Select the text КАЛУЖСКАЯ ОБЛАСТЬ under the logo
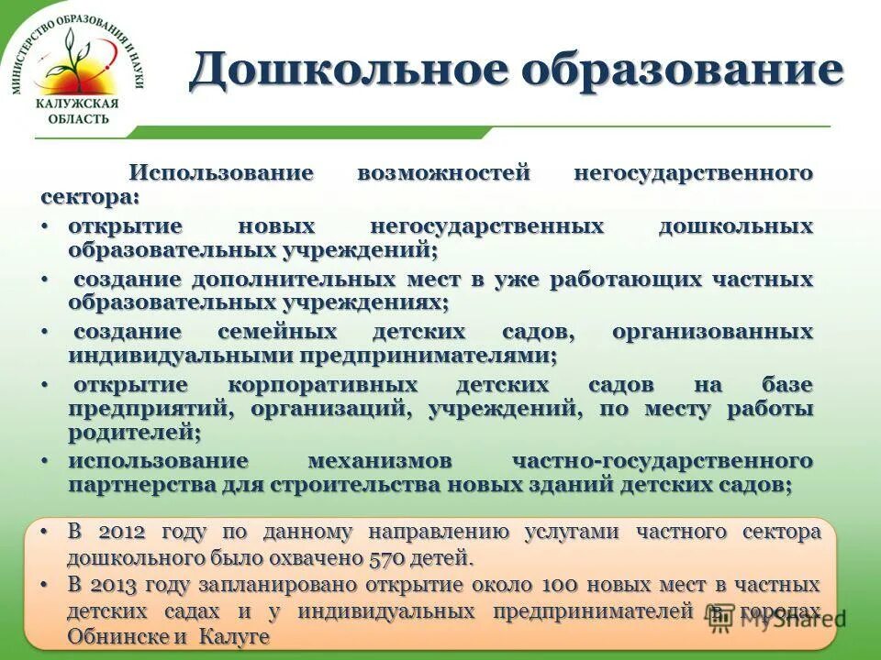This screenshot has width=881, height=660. [76, 111]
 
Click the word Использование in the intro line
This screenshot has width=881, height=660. [221, 172]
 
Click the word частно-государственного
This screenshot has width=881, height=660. [663, 460]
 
